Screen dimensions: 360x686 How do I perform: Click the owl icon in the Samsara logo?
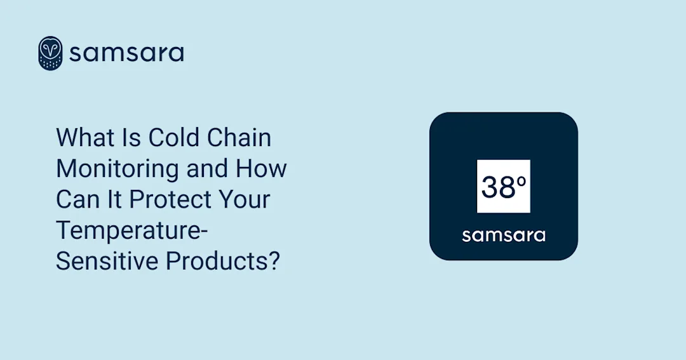coord(50,53)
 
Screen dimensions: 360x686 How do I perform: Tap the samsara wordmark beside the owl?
coord(126,53)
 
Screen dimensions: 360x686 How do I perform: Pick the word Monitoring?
coord(117,169)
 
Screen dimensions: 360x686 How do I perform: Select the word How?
coord(262,169)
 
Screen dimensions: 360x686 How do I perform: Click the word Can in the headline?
coord(77,199)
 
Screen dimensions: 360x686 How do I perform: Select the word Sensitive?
coord(107,261)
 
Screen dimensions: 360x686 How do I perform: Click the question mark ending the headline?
coord(274,261)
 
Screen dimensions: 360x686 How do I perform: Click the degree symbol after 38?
coord(521,180)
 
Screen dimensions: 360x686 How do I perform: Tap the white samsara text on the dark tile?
coord(503,236)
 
